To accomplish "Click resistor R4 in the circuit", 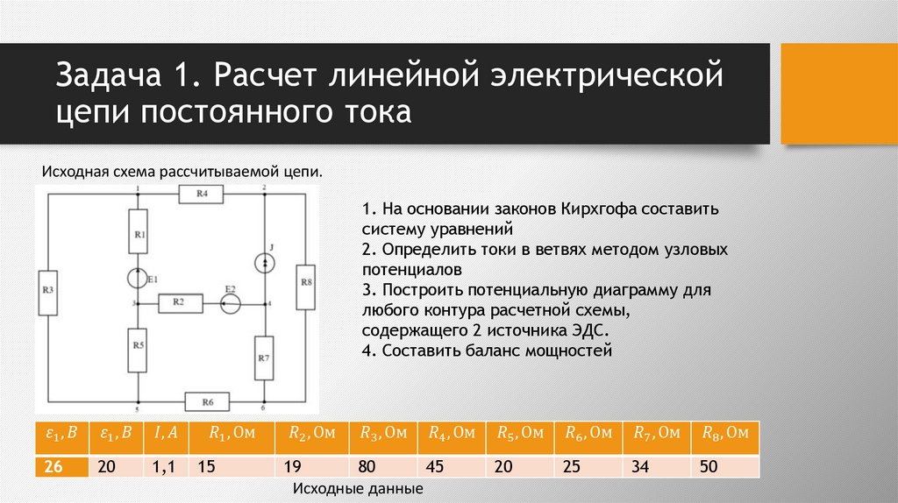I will point(202,195).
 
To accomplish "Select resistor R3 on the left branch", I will point(49,289).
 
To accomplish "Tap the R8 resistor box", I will point(305,286).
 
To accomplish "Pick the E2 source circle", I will point(230,303).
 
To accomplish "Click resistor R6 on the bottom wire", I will point(207,402).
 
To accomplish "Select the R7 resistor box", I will point(265,358).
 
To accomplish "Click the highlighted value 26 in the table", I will point(53,467).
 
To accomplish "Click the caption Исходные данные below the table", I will point(358,488).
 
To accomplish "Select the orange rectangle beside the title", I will point(837,92).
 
